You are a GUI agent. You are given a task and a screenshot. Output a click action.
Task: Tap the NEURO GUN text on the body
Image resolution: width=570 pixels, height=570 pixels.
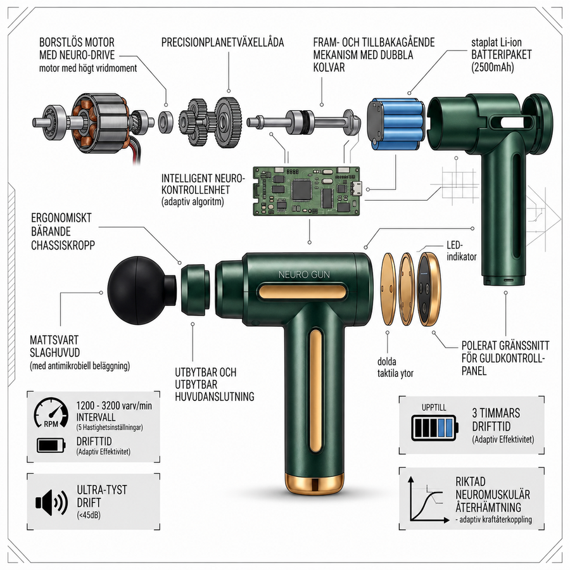[304, 275]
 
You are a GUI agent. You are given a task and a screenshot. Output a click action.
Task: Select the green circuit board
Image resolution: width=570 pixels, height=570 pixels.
[307, 191]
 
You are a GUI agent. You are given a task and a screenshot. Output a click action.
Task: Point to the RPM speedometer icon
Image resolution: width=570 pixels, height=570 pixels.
[51, 412]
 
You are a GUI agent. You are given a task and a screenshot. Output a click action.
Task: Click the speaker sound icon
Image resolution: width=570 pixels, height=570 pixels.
[51, 502]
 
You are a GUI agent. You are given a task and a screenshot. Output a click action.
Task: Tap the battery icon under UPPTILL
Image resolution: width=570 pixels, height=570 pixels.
[434, 427]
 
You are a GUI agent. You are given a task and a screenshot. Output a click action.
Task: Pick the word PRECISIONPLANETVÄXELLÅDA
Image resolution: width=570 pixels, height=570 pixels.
[222, 42]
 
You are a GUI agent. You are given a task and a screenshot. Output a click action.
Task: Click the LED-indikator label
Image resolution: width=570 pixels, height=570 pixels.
[461, 251]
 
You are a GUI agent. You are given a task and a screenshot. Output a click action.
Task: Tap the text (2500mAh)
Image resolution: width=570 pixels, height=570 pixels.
[493, 67]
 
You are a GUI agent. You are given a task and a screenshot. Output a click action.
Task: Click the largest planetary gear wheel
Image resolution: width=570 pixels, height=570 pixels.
[228, 122]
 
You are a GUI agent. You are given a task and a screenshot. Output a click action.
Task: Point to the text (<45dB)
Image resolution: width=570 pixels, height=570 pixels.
[89, 515]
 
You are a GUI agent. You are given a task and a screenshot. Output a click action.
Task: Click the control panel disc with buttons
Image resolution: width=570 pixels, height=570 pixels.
[428, 289]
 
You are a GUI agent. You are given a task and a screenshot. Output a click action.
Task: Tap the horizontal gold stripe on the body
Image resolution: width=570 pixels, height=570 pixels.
[303, 292]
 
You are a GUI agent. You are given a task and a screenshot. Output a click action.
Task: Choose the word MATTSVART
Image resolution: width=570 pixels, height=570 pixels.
[54, 340]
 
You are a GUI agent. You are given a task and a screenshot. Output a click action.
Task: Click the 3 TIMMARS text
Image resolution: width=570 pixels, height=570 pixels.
[496, 413]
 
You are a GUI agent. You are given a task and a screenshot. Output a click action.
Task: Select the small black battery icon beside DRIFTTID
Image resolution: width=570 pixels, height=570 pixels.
[51, 445]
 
